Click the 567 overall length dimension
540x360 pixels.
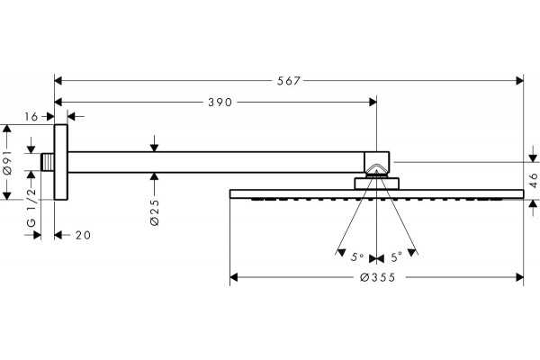289,81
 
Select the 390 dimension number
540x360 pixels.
220,103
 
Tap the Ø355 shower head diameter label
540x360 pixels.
378,277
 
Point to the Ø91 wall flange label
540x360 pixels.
7,162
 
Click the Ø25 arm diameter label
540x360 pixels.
155,212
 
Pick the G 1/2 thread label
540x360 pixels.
31,207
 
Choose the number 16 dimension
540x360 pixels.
31,117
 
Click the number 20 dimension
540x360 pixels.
83,236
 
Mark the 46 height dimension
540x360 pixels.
533,180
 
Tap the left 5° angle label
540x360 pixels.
357,257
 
